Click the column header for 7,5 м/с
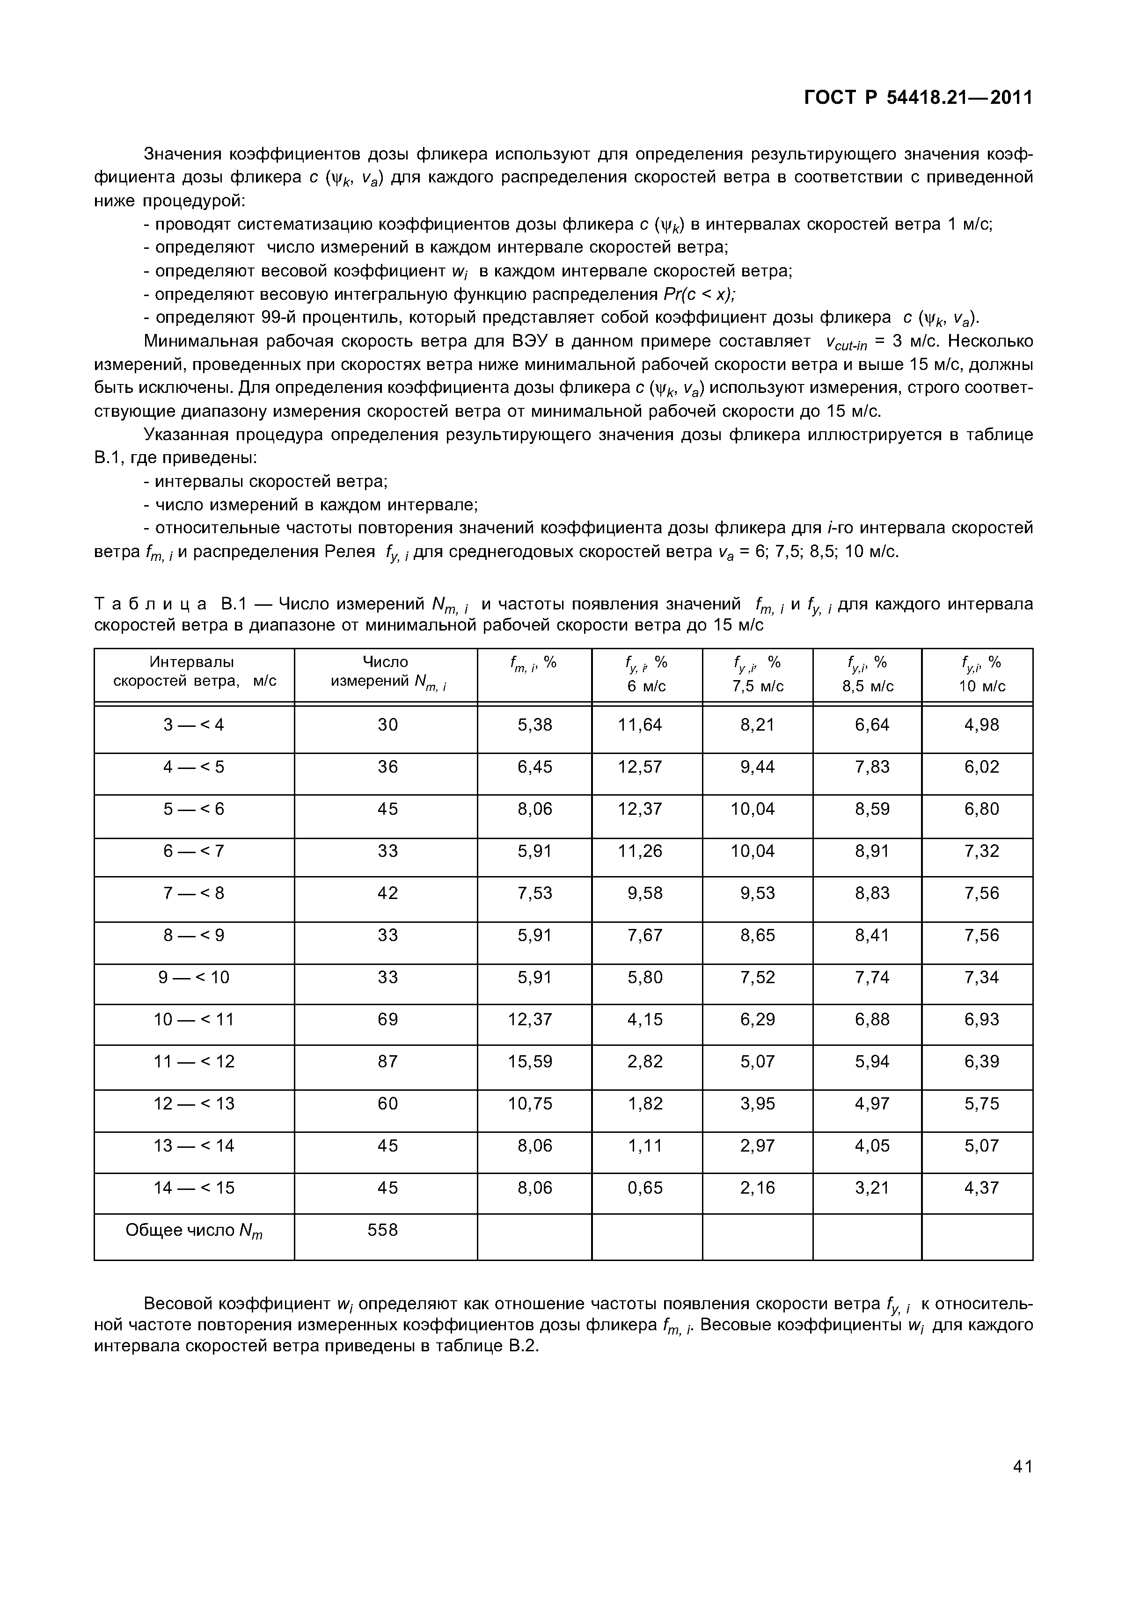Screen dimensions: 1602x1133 (757, 674)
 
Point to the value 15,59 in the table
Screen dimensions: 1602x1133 (531, 1061)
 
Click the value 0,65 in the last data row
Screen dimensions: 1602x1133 (644, 1188)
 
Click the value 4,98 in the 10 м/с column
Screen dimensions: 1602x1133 (981, 725)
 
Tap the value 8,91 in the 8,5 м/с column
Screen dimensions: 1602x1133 (872, 851)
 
